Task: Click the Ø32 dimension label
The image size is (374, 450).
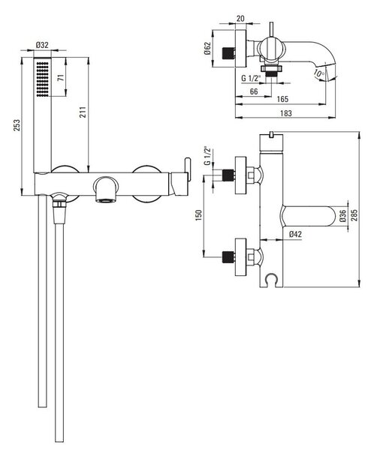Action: (x=42, y=45)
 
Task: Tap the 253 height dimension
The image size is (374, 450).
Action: (x=17, y=125)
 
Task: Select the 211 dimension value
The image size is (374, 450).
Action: (x=83, y=112)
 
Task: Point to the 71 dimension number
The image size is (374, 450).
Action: (x=61, y=77)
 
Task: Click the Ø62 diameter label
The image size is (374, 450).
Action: (x=207, y=49)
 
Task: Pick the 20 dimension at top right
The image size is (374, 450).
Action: (x=240, y=19)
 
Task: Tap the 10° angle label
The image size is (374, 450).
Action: (x=318, y=73)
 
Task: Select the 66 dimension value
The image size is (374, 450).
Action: (x=254, y=91)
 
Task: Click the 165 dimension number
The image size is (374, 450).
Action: (x=282, y=99)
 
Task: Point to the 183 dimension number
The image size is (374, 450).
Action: (x=286, y=113)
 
